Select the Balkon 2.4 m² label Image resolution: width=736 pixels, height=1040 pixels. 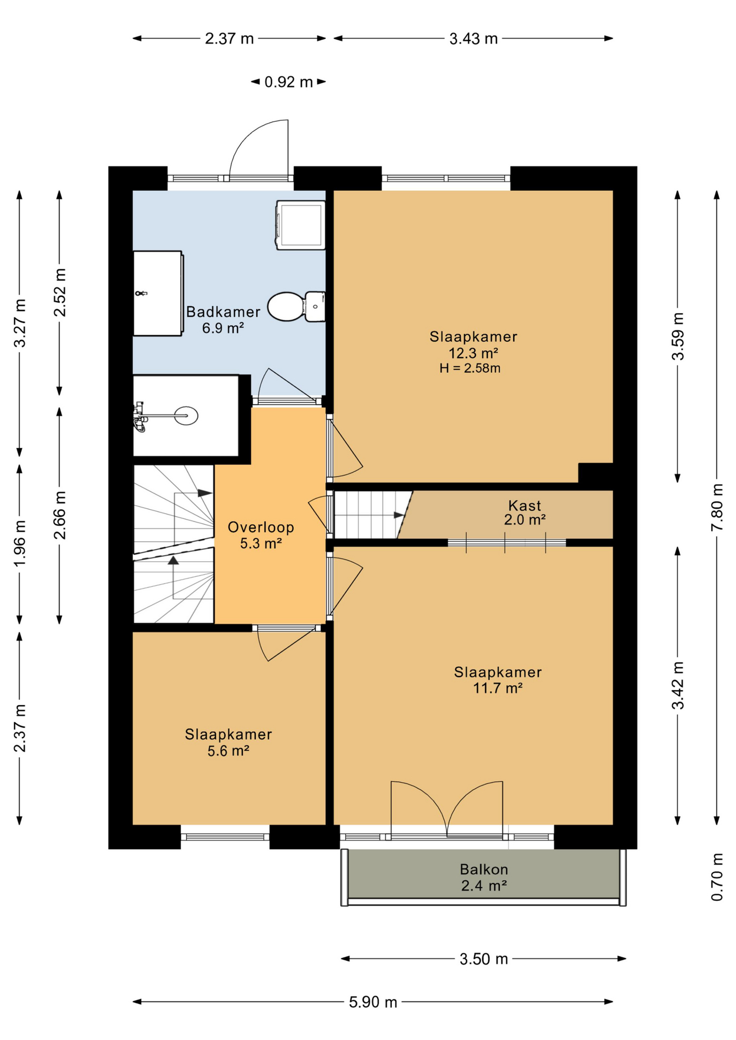(x=483, y=877)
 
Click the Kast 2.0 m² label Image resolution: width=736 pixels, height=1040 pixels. (x=524, y=512)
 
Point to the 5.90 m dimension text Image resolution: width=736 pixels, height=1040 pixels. (x=373, y=1002)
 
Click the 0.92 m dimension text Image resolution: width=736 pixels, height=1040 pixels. (x=288, y=82)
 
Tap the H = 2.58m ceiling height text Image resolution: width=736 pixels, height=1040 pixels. (x=469, y=368)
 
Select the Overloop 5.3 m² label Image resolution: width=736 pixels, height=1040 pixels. (x=261, y=535)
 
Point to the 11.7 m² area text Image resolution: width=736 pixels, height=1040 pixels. (x=498, y=688)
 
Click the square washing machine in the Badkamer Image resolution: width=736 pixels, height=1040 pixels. (x=301, y=225)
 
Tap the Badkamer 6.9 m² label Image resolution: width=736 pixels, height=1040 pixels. (x=223, y=320)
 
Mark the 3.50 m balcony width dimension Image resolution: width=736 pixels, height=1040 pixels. (x=483, y=959)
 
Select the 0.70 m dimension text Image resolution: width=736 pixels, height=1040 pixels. (x=716, y=877)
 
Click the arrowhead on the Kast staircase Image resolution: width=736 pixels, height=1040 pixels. (x=399, y=515)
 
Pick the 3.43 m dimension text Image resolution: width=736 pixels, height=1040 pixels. (x=473, y=38)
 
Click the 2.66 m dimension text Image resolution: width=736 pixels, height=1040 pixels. (x=60, y=515)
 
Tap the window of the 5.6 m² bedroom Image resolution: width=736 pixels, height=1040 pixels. (x=225, y=837)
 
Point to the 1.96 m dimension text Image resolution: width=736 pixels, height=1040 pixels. (x=20, y=543)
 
